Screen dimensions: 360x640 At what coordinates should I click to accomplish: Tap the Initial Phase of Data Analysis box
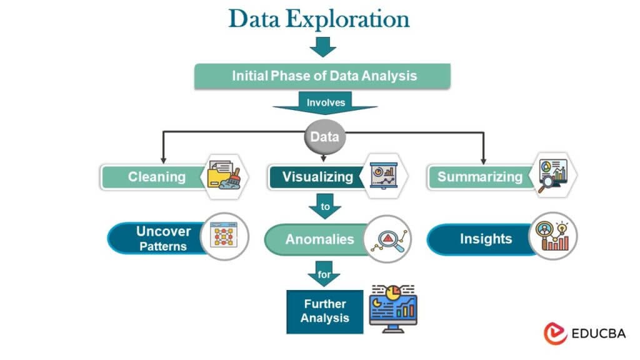[x=324, y=76]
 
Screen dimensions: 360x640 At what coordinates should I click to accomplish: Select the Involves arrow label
[x=325, y=102]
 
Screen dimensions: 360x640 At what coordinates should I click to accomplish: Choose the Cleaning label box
[x=157, y=177]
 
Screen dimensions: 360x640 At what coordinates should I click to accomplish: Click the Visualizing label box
[x=317, y=177]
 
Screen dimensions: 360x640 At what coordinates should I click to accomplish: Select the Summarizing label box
[x=479, y=177]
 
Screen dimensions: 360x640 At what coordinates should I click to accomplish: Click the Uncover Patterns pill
[x=162, y=238]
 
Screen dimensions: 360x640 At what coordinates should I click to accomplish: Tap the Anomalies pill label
[x=319, y=239]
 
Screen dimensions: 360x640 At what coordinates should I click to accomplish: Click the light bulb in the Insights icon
[x=562, y=227]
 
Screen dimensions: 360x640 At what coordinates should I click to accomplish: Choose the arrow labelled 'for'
[x=324, y=273]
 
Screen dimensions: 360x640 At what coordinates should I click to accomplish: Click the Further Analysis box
[x=324, y=311]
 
